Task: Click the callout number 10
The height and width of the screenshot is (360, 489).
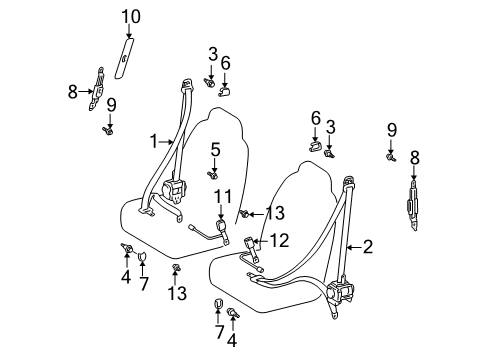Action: pyautogui.click(x=131, y=17)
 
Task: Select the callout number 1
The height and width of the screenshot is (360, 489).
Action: pyautogui.click(x=153, y=142)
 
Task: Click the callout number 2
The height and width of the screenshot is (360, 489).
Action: pyautogui.click(x=368, y=247)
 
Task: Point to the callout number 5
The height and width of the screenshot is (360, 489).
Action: pyautogui.click(x=215, y=150)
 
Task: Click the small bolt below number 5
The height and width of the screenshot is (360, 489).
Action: pyautogui.click(x=212, y=175)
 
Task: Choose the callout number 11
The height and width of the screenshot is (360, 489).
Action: pyautogui.click(x=223, y=196)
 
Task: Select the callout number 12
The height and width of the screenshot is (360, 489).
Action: pyautogui.click(x=279, y=240)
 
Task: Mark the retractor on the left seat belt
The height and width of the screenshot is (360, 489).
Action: pyautogui.click(x=174, y=190)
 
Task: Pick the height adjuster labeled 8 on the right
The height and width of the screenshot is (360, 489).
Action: pyautogui.click(x=413, y=206)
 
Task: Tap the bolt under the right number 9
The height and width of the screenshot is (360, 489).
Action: pyautogui.click(x=391, y=157)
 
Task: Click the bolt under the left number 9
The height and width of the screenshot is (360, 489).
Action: pyautogui.click(x=107, y=131)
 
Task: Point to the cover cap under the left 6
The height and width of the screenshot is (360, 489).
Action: pyautogui.click(x=226, y=92)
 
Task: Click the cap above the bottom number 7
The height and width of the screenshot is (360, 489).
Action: pyautogui.click(x=218, y=303)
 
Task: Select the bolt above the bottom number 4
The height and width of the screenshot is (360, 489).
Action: pyautogui.click(x=233, y=313)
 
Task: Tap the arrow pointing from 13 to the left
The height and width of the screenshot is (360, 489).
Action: pyautogui.click(x=257, y=214)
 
